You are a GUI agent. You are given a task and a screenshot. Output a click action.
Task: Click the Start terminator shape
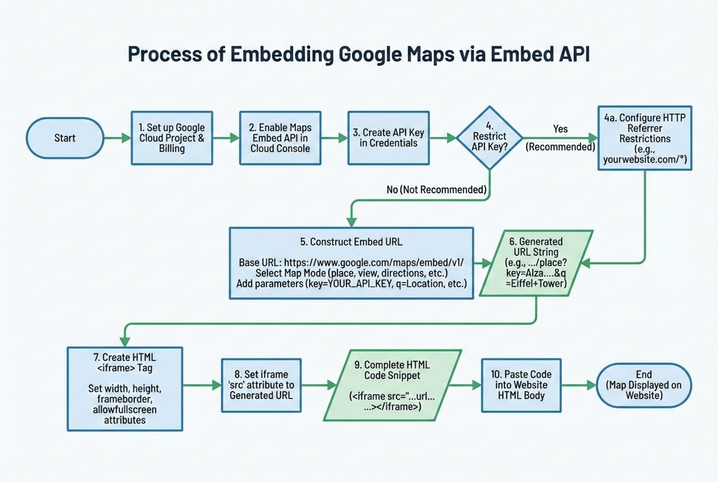click(x=65, y=138)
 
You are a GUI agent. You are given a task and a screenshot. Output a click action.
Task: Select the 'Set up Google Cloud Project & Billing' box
click(x=171, y=138)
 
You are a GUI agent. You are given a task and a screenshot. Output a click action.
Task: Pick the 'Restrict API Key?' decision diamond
click(x=489, y=138)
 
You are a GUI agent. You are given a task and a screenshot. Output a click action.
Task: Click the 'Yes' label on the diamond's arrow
click(x=560, y=129)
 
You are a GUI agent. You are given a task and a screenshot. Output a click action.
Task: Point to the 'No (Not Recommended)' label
click(x=436, y=189)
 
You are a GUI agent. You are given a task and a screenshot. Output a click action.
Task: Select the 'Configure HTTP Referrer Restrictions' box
click(x=645, y=138)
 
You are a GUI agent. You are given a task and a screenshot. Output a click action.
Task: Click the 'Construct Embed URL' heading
click(x=351, y=241)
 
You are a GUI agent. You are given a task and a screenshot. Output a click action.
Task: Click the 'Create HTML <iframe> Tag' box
click(x=125, y=388)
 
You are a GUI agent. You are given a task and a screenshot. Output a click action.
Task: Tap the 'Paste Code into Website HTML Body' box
click(x=521, y=384)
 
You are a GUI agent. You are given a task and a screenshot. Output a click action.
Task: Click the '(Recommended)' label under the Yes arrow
click(x=560, y=147)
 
